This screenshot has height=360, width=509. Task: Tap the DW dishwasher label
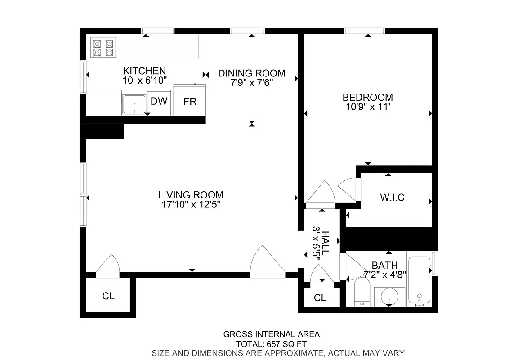[x=159, y=101]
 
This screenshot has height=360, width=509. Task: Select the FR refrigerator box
[x=190, y=101]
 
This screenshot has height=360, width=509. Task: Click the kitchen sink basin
[x=134, y=104]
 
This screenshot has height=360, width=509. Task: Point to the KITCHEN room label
[x=144, y=71]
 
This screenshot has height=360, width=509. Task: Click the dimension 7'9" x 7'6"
[x=251, y=83]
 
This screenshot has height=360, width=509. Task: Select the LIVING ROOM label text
[x=191, y=195]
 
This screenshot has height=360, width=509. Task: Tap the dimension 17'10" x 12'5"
[x=191, y=204]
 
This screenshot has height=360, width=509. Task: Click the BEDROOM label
[x=367, y=97]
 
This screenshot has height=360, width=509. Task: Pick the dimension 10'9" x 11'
[x=367, y=107]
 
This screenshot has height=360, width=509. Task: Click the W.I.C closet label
[x=392, y=198]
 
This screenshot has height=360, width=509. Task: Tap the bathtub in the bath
[x=419, y=280]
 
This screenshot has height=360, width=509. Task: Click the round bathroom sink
[x=389, y=297]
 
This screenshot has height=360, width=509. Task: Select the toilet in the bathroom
[x=362, y=291]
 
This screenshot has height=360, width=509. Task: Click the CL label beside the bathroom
[x=320, y=297]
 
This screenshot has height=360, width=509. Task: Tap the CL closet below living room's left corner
[x=108, y=296]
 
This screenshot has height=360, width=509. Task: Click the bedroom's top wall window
[x=365, y=31]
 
